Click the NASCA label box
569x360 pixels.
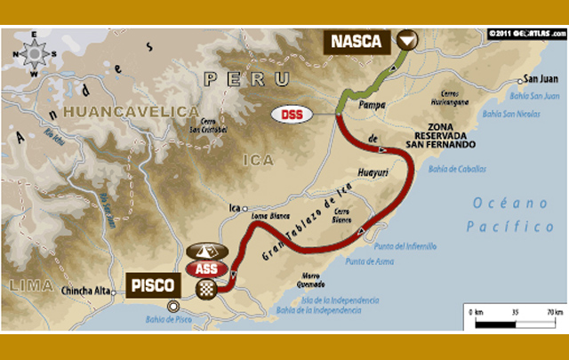[x=357, y=41]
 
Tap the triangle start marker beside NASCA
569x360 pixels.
[x=406, y=41]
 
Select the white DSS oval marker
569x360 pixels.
[x=291, y=114]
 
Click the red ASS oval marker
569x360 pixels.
[x=206, y=268]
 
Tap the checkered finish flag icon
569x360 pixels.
[x=207, y=288]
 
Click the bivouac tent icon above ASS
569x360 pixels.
[x=204, y=252]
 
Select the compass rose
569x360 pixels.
[x=34, y=54]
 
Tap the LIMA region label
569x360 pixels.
[x=27, y=285]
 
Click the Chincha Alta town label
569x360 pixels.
[x=87, y=290]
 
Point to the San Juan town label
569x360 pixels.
[x=540, y=78]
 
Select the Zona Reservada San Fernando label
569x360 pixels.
[x=453, y=136]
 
